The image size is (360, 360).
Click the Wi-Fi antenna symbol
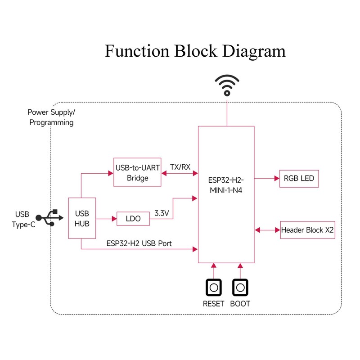227,85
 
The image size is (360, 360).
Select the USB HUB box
81,218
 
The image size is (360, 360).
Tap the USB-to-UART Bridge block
138,173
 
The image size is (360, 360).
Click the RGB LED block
299,179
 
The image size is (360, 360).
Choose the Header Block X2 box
308,230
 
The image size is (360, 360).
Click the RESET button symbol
214,287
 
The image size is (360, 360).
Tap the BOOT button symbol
240,287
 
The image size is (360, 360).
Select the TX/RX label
180,166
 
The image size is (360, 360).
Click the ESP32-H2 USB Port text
139,243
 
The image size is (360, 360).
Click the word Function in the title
136,51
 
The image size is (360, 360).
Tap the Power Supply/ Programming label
51,117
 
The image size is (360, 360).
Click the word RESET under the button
213,303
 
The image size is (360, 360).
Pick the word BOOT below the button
240,303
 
